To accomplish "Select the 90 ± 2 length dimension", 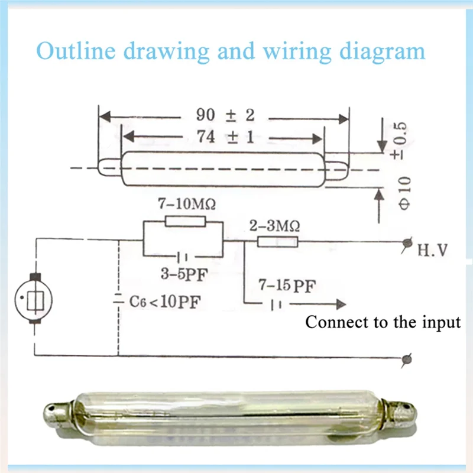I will coord(225,115).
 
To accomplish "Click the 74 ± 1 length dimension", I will coord(225,137).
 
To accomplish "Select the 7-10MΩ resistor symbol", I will coord(185,222).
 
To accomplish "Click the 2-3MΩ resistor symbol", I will coord(278,241).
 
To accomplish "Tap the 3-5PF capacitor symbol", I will coord(183,257).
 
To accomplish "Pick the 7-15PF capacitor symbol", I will coord(276,304).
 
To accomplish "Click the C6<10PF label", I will coord(164,302).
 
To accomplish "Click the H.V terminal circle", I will coord(407,242).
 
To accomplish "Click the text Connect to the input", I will coord(383,323).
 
